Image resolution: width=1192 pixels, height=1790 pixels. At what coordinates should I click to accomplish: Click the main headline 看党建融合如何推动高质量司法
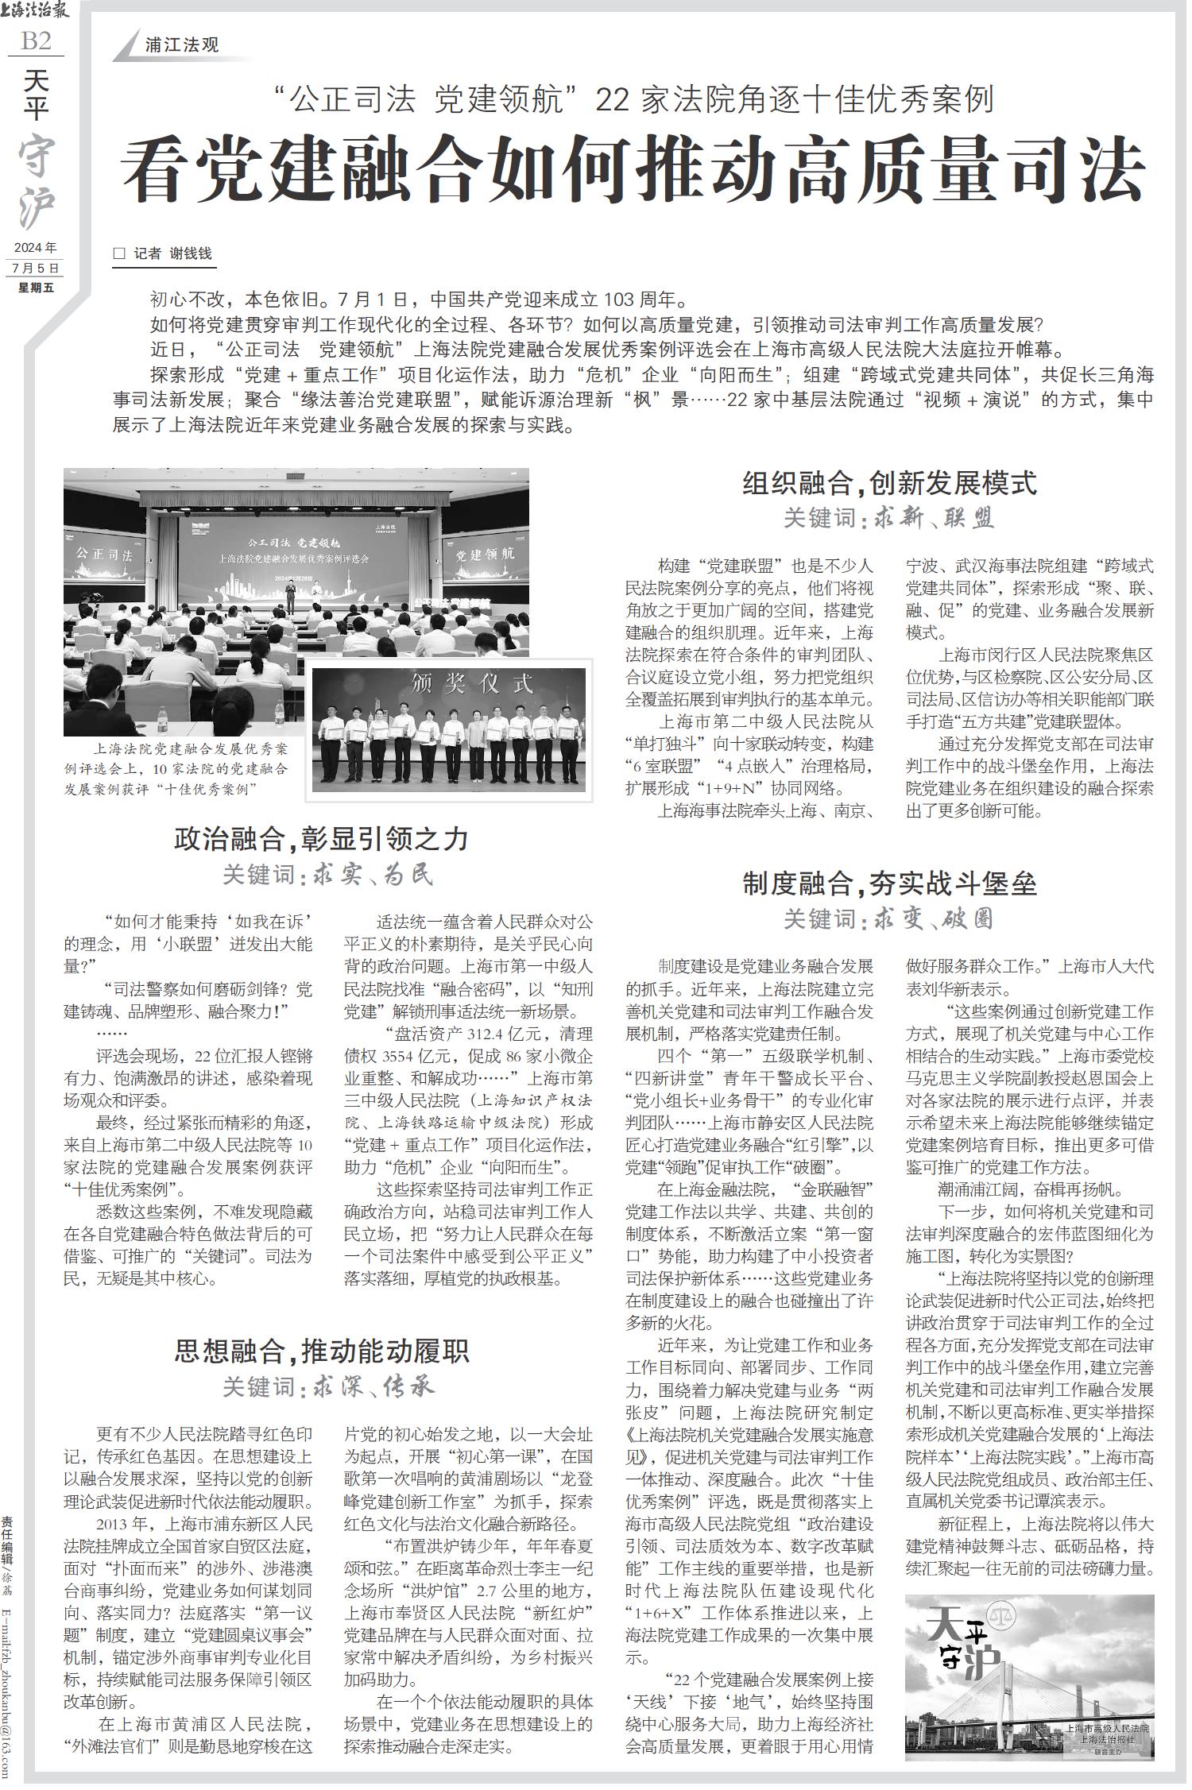tap(633, 171)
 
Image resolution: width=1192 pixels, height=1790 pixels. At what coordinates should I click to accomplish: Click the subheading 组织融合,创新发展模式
tap(889, 483)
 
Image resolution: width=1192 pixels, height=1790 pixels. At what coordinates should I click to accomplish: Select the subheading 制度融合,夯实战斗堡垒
tap(889, 883)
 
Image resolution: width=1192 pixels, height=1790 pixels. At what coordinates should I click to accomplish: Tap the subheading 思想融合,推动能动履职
tap(321, 1351)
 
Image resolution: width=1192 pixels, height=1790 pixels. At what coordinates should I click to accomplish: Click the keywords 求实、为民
tap(374, 875)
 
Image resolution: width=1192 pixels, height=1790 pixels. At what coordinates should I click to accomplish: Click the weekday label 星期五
tap(37, 288)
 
